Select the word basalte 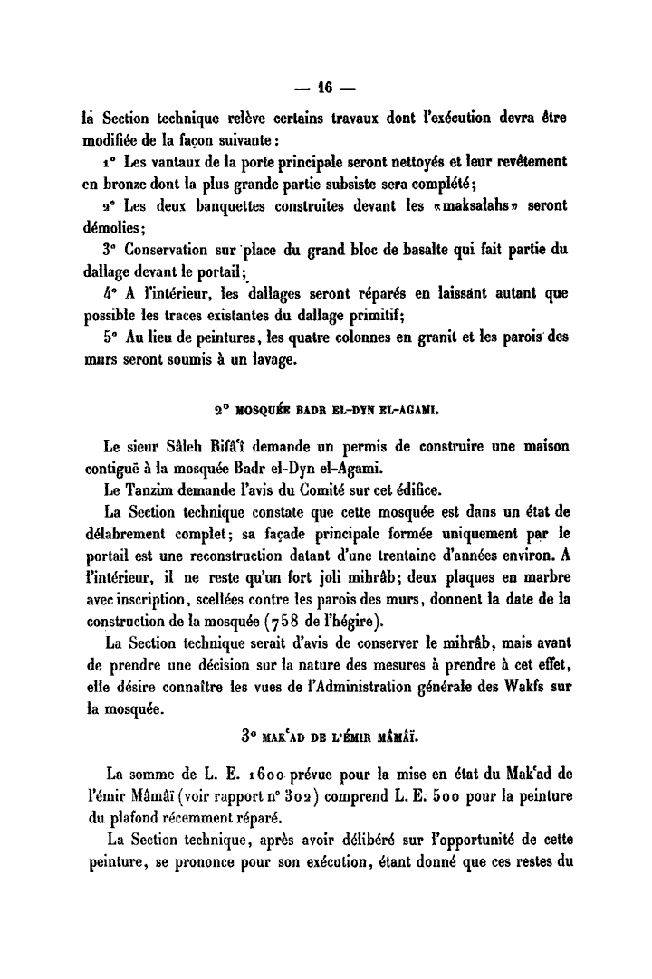(418, 247)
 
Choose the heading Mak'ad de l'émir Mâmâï (325, 736)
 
